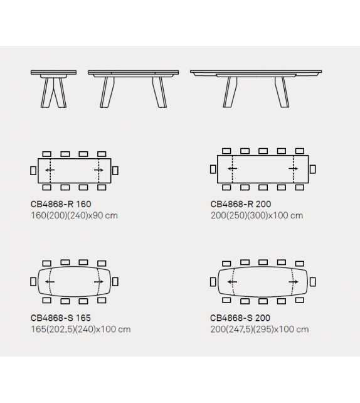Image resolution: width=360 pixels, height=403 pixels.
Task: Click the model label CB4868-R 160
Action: pyautogui.click(x=61, y=204)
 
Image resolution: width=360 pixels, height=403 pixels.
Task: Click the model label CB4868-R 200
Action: pyautogui.click(x=241, y=204)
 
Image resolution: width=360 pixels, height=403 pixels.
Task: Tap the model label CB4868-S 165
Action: pyautogui.click(x=61, y=318)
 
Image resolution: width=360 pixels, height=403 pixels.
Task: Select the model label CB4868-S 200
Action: pyautogui.click(x=240, y=318)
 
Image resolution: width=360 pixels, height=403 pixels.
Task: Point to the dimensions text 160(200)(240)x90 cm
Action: pyautogui.click(x=74, y=215)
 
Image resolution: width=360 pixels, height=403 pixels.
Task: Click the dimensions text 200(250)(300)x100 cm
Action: pyautogui.click(x=257, y=215)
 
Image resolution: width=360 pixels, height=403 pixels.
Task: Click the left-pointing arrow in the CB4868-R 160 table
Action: pyautogui.click(x=50, y=170)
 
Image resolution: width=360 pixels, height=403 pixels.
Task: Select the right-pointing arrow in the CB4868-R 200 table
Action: pyautogui.click(x=294, y=169)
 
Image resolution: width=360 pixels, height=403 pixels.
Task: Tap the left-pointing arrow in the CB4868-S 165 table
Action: pyautogui.click(x=50, y=282)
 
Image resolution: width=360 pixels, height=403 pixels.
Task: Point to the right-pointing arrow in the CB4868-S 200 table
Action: pyautogui.click(x=294, y=282)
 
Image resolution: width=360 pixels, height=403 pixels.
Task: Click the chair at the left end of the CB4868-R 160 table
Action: pyautogui.click(x=33, y=170)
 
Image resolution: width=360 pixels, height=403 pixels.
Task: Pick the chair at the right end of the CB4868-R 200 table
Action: pyautogui.click(x=312, y=169)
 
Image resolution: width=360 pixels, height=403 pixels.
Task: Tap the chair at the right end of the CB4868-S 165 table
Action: pyautogui.click(x=115, y=282)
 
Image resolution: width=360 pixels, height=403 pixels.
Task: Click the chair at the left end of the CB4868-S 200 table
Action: pyautogui.click(x=213, y=282)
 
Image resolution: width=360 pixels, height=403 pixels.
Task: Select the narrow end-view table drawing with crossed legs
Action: pyautogui.click(x=53, y=89)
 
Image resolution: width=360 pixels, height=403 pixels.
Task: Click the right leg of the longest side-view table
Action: pyautogui.click(x=282, y=92)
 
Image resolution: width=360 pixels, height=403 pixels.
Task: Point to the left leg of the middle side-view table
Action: pyautogui.click(x=107, y=92)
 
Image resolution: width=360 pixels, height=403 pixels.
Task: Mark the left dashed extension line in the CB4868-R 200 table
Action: pyautogui.click(x=232, y=169)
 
